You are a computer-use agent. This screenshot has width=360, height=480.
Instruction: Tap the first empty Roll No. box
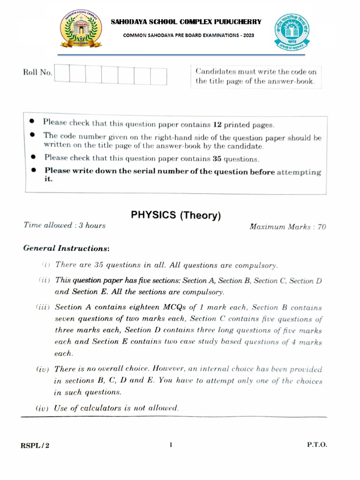62,75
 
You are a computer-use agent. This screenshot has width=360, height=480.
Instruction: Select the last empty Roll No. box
158,76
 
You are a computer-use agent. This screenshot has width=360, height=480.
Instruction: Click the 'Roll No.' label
37,73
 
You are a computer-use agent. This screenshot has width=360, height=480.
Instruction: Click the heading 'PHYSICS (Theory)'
175,216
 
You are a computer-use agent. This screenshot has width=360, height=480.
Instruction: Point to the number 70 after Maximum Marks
322,227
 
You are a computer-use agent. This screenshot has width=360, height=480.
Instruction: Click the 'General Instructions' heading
67,248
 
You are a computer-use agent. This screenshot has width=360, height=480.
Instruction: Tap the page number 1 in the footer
171,445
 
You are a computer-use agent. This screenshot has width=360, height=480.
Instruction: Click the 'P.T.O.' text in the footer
317,445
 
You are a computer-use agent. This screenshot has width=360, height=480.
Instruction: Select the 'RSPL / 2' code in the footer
35,445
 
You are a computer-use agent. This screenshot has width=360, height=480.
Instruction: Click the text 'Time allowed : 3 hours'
65,225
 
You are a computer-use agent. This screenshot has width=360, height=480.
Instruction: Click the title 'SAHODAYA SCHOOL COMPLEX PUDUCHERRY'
186,22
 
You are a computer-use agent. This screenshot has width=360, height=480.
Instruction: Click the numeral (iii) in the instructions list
43,307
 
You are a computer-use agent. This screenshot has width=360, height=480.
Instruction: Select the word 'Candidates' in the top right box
213,72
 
